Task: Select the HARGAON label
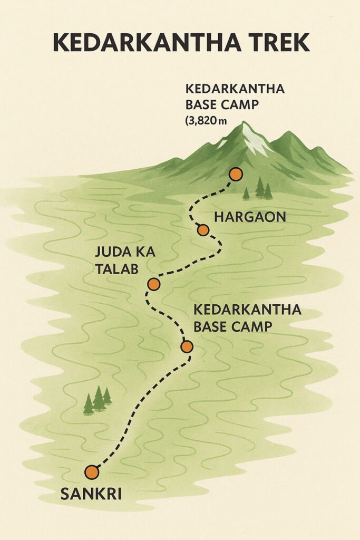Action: click(250, 216)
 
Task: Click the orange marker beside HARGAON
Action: click(203, 230)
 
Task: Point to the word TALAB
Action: click(116, 268)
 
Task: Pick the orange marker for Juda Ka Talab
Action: click(153, 284)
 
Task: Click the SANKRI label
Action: click(91, 494)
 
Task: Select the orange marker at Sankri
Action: click(92, 472)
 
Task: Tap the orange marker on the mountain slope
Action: click(236, 174)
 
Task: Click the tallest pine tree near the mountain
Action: click(260, 188)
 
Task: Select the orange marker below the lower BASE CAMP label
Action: click(187, 346)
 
